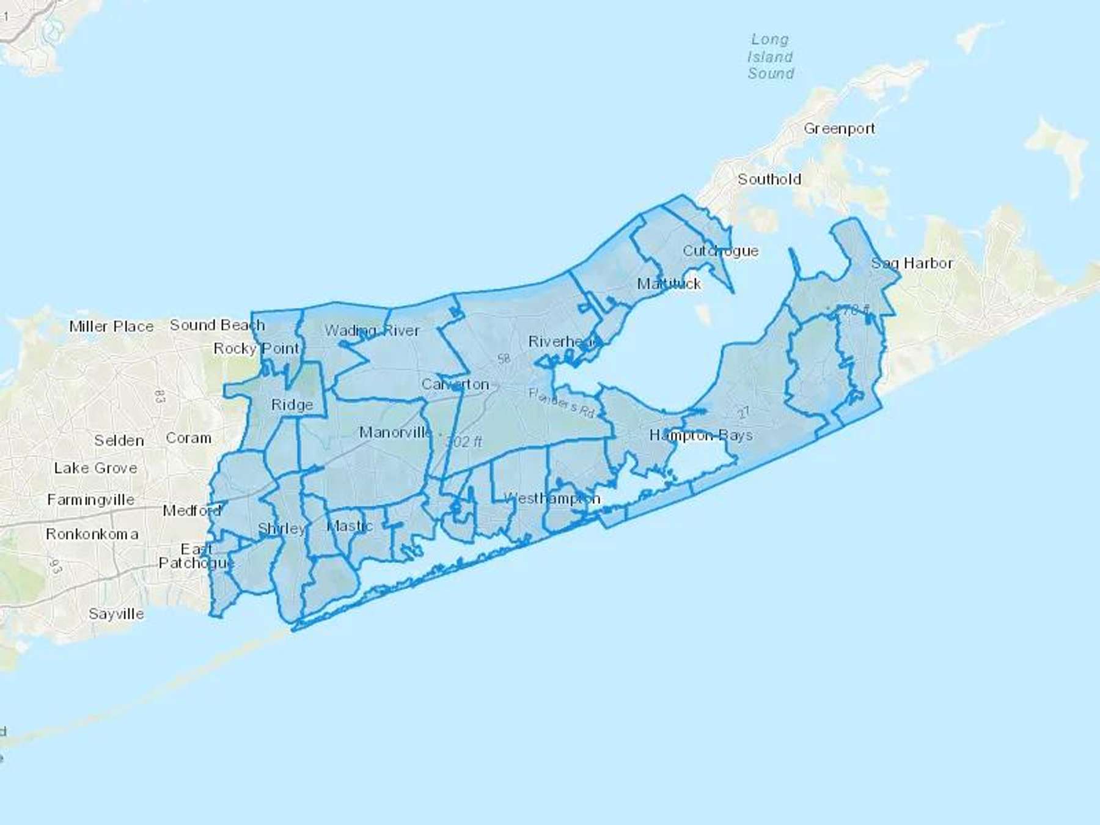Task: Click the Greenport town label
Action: point(839,129)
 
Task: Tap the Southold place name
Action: point(769,180)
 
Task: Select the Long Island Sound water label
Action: point(771,57)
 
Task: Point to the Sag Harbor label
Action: point(912,263)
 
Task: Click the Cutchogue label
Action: point(721,251)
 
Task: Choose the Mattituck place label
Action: point(669,284)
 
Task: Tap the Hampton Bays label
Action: point(701,435)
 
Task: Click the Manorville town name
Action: point(395,433)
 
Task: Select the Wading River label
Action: point(372,331)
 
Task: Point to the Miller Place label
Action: point(111,326)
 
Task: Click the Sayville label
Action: point(116,614)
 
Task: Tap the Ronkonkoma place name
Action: point(92,534)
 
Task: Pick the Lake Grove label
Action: point(95,468)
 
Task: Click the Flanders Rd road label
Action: point(562,403)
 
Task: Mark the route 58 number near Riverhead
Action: point(504,359)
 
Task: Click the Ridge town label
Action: point(292,405)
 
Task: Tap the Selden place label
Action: point(119,441)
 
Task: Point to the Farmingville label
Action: point(91,500)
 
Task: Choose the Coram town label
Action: point(189,438)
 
